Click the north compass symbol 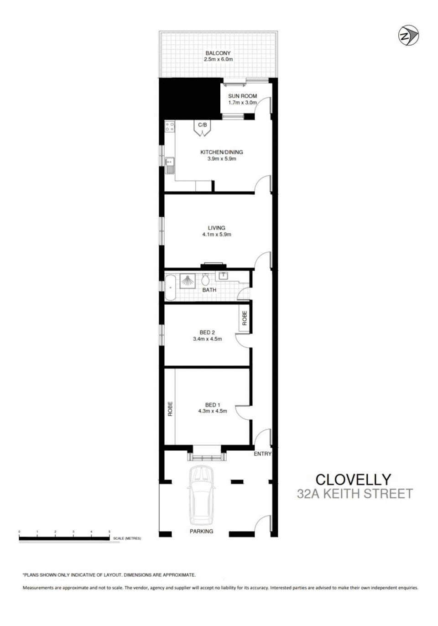(408, 36)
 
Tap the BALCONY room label (218, 53)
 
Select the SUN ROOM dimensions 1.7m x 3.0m (242, 103)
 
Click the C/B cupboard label (202, 125)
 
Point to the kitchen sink (170, 165)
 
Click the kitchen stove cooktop (170, 127)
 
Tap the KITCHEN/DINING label (221, 152)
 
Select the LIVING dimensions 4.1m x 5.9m (217, 235)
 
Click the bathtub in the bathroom (170, 287)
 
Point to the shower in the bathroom (187, 281)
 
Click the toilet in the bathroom (205, 279)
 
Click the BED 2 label (207, 332)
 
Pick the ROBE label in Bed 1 (170, 408)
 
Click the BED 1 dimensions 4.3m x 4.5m (212, 411)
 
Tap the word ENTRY (262, 454)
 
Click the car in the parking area (201, 495)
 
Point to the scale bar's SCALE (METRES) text (127, 538)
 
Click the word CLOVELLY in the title (353, 480)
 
